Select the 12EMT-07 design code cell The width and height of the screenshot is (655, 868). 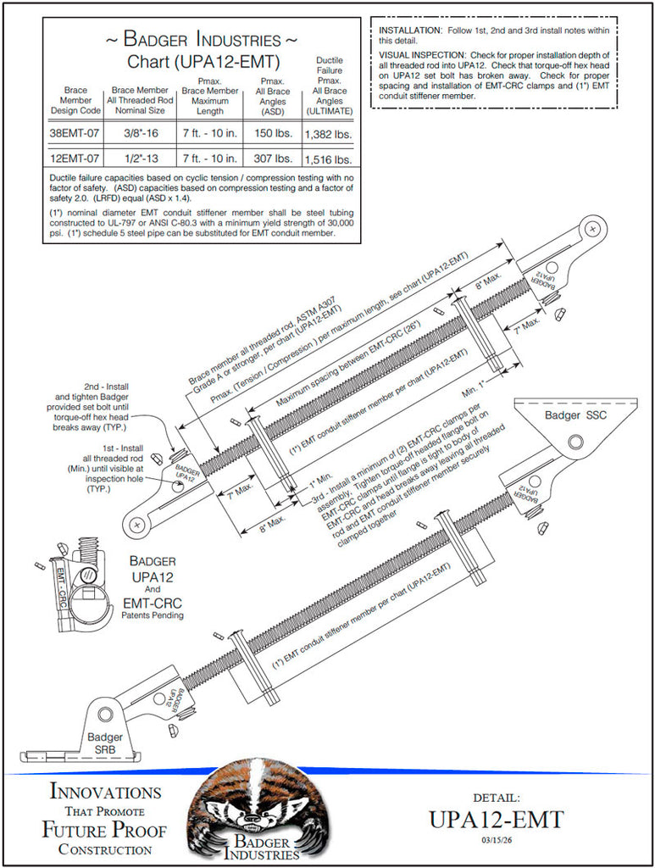(75, 159)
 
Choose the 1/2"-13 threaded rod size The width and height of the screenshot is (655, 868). (142, 159)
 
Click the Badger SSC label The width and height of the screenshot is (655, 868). (575, 415)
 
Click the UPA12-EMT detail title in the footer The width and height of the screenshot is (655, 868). (496, 820)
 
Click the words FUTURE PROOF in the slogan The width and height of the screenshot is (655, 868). (104, 829)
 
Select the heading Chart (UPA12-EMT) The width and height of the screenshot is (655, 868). (203, 61)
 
